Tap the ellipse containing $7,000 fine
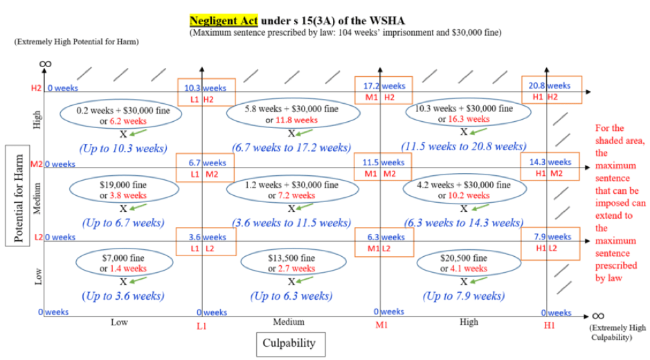[123, 264]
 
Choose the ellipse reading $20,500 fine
[464, 264]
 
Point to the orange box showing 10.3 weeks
[206, 92]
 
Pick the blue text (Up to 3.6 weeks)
[123, 296]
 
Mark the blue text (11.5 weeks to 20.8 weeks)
[463, 147]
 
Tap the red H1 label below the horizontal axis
[549, 325]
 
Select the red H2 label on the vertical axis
[36, 88]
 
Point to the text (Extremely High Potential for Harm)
[76, 42]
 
